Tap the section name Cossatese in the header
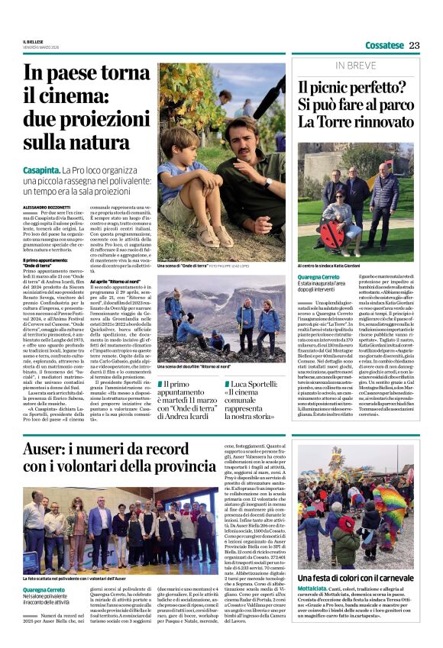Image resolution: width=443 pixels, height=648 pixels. (383, 45)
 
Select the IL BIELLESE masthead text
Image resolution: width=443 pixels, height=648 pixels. (34, 41)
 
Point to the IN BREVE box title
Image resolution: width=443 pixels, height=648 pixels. (355, 66)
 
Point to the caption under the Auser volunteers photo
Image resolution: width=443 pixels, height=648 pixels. (89, 579)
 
